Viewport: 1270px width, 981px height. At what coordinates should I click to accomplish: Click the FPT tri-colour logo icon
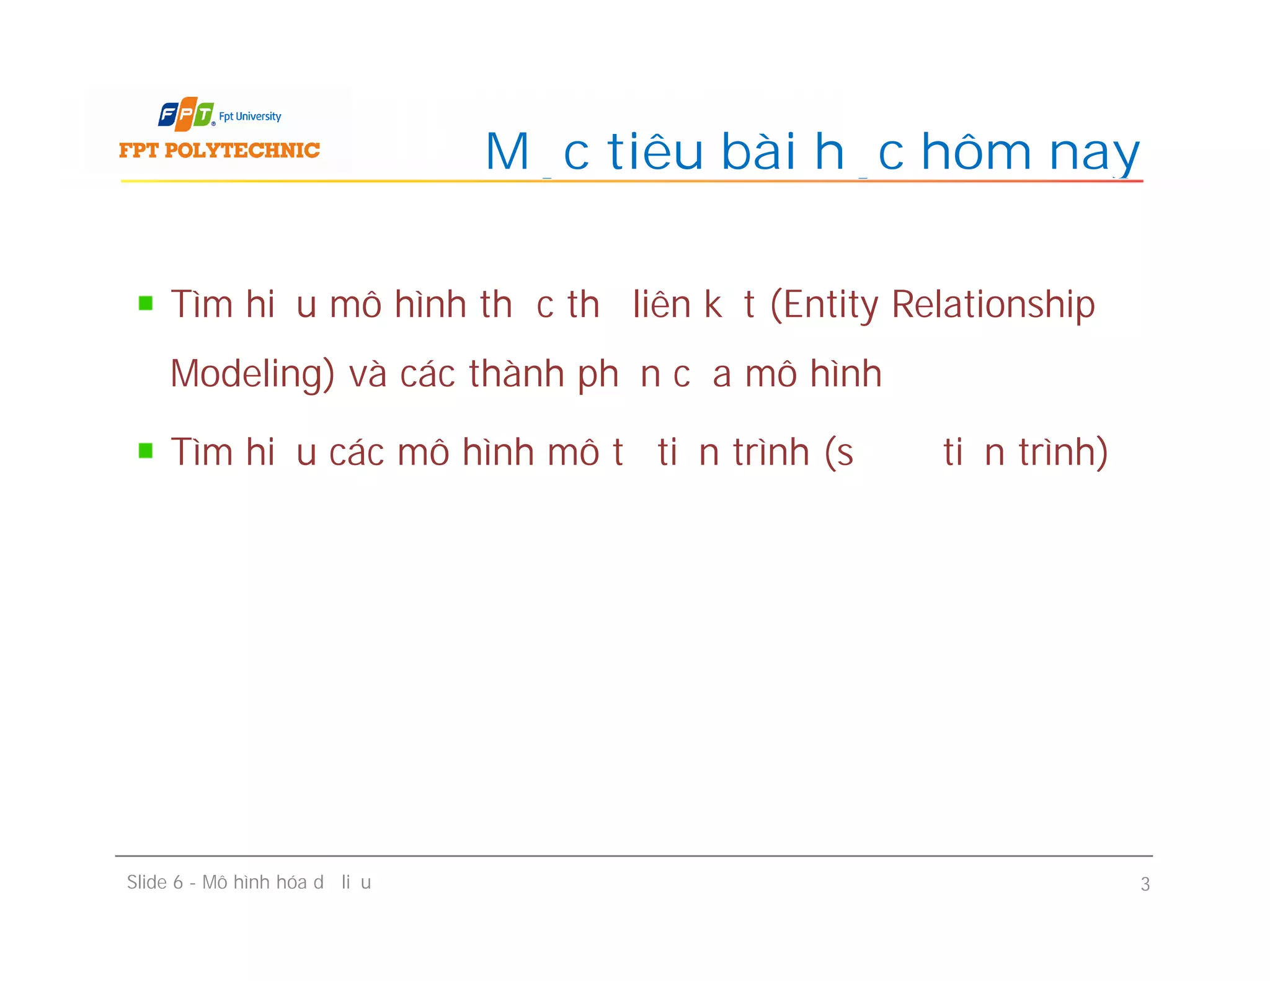186,114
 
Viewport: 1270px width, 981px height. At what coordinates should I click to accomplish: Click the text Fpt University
250,117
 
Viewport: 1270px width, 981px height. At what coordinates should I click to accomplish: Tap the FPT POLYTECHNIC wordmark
220,150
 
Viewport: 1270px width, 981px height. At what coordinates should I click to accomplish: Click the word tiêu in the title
655,151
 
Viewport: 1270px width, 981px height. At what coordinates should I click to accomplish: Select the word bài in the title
759,151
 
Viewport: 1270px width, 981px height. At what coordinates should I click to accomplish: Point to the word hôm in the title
977,151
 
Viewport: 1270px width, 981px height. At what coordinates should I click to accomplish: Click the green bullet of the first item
146,303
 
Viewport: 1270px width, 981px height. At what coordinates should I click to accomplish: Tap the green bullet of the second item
146,450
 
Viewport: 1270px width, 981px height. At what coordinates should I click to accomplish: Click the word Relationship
993,305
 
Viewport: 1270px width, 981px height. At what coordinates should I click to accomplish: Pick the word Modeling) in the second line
252,375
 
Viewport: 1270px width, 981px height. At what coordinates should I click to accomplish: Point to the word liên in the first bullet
662,305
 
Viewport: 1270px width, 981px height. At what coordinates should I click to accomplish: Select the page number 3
1145,884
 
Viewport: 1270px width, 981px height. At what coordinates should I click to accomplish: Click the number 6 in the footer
178,882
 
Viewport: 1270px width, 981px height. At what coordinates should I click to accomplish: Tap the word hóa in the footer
291,882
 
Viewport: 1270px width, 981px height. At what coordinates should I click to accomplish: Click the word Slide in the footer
147,882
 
